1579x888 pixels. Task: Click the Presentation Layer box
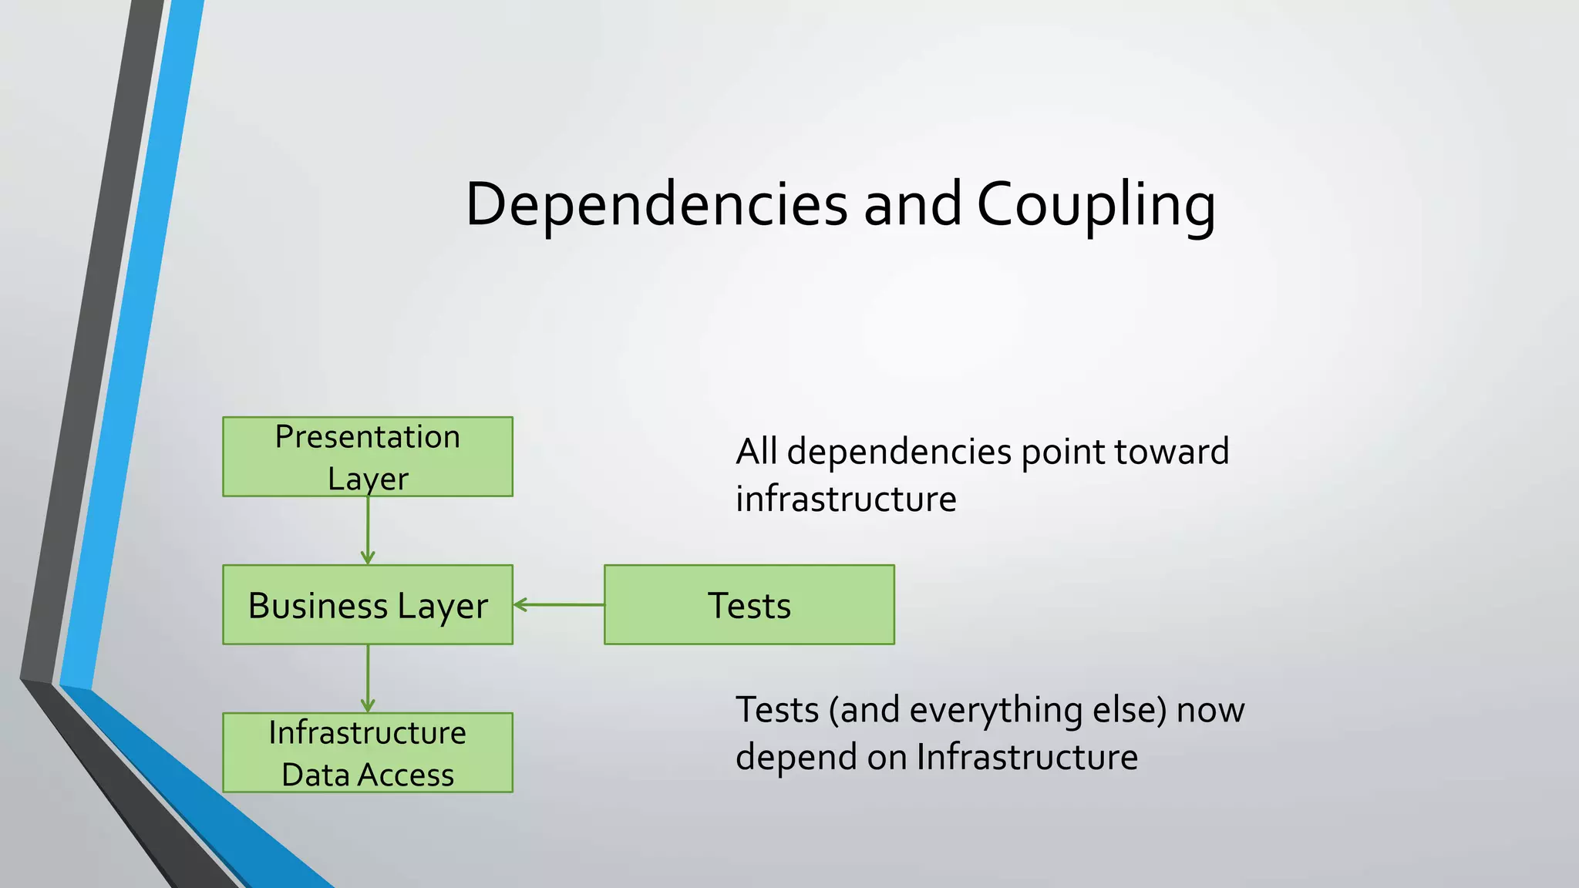tap(367, 456)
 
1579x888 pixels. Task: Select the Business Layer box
tap(367, 604)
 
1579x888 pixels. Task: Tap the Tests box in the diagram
tap(749, 604)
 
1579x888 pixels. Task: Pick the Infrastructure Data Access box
tap(367, 752)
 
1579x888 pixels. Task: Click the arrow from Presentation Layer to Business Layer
tap(368, 530)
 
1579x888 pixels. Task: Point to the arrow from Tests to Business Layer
tap(558, 604)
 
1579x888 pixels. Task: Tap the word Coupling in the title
tap(1096, 204)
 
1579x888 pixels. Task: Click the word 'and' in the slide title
tap(912, 204)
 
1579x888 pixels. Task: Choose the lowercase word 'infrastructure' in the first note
tap(846, 499)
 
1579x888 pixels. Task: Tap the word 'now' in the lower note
tap(1210, 710)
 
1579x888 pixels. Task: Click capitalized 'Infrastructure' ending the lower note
tap(1027, 757)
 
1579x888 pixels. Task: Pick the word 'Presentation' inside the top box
tap(367, 437)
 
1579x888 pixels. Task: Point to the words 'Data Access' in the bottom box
tap(367, 775)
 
